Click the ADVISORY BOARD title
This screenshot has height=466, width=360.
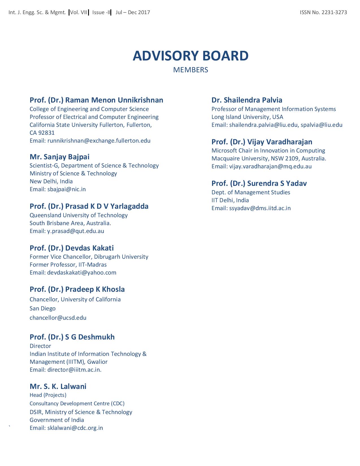[x=191, y=56]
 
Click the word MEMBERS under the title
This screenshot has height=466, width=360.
[x=191, y=70]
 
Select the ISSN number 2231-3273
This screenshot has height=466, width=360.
[x=334, y=12]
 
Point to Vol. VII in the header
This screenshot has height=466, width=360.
[x=78, y=12]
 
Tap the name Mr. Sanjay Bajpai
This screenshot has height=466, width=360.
[x=59, y=157]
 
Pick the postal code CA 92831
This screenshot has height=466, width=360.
[x=42, y=133]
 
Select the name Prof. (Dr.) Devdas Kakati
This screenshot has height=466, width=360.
[x=71, y=248]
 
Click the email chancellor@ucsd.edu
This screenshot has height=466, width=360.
[x=58, y=318]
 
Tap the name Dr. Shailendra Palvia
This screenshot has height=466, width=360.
[x=247, y=100]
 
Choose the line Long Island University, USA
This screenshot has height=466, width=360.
[x=247, y=117]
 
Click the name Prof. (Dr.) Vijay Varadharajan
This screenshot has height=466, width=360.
[x=262, y=142]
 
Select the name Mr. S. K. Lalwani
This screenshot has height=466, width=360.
[x=58, y=386]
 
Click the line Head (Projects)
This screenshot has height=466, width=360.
[x=48, y=395]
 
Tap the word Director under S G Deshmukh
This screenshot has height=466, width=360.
[x=40, y=346]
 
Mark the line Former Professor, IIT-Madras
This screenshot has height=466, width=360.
[x=68, y=265]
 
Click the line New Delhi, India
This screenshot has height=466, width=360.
[x=51, y=181]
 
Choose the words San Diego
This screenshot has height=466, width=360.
[x=43, y=308]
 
